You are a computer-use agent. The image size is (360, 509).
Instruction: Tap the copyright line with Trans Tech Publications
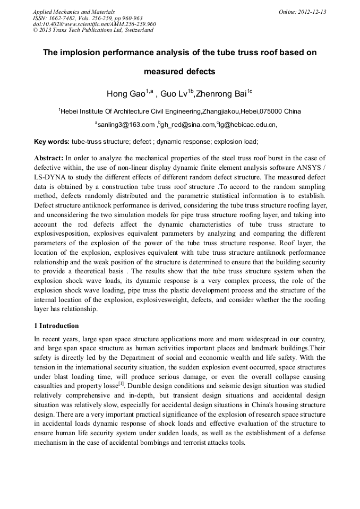(93, 30)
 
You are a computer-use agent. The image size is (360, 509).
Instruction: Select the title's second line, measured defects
(179, 71)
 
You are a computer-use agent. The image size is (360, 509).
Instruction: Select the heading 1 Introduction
(56, 325)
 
